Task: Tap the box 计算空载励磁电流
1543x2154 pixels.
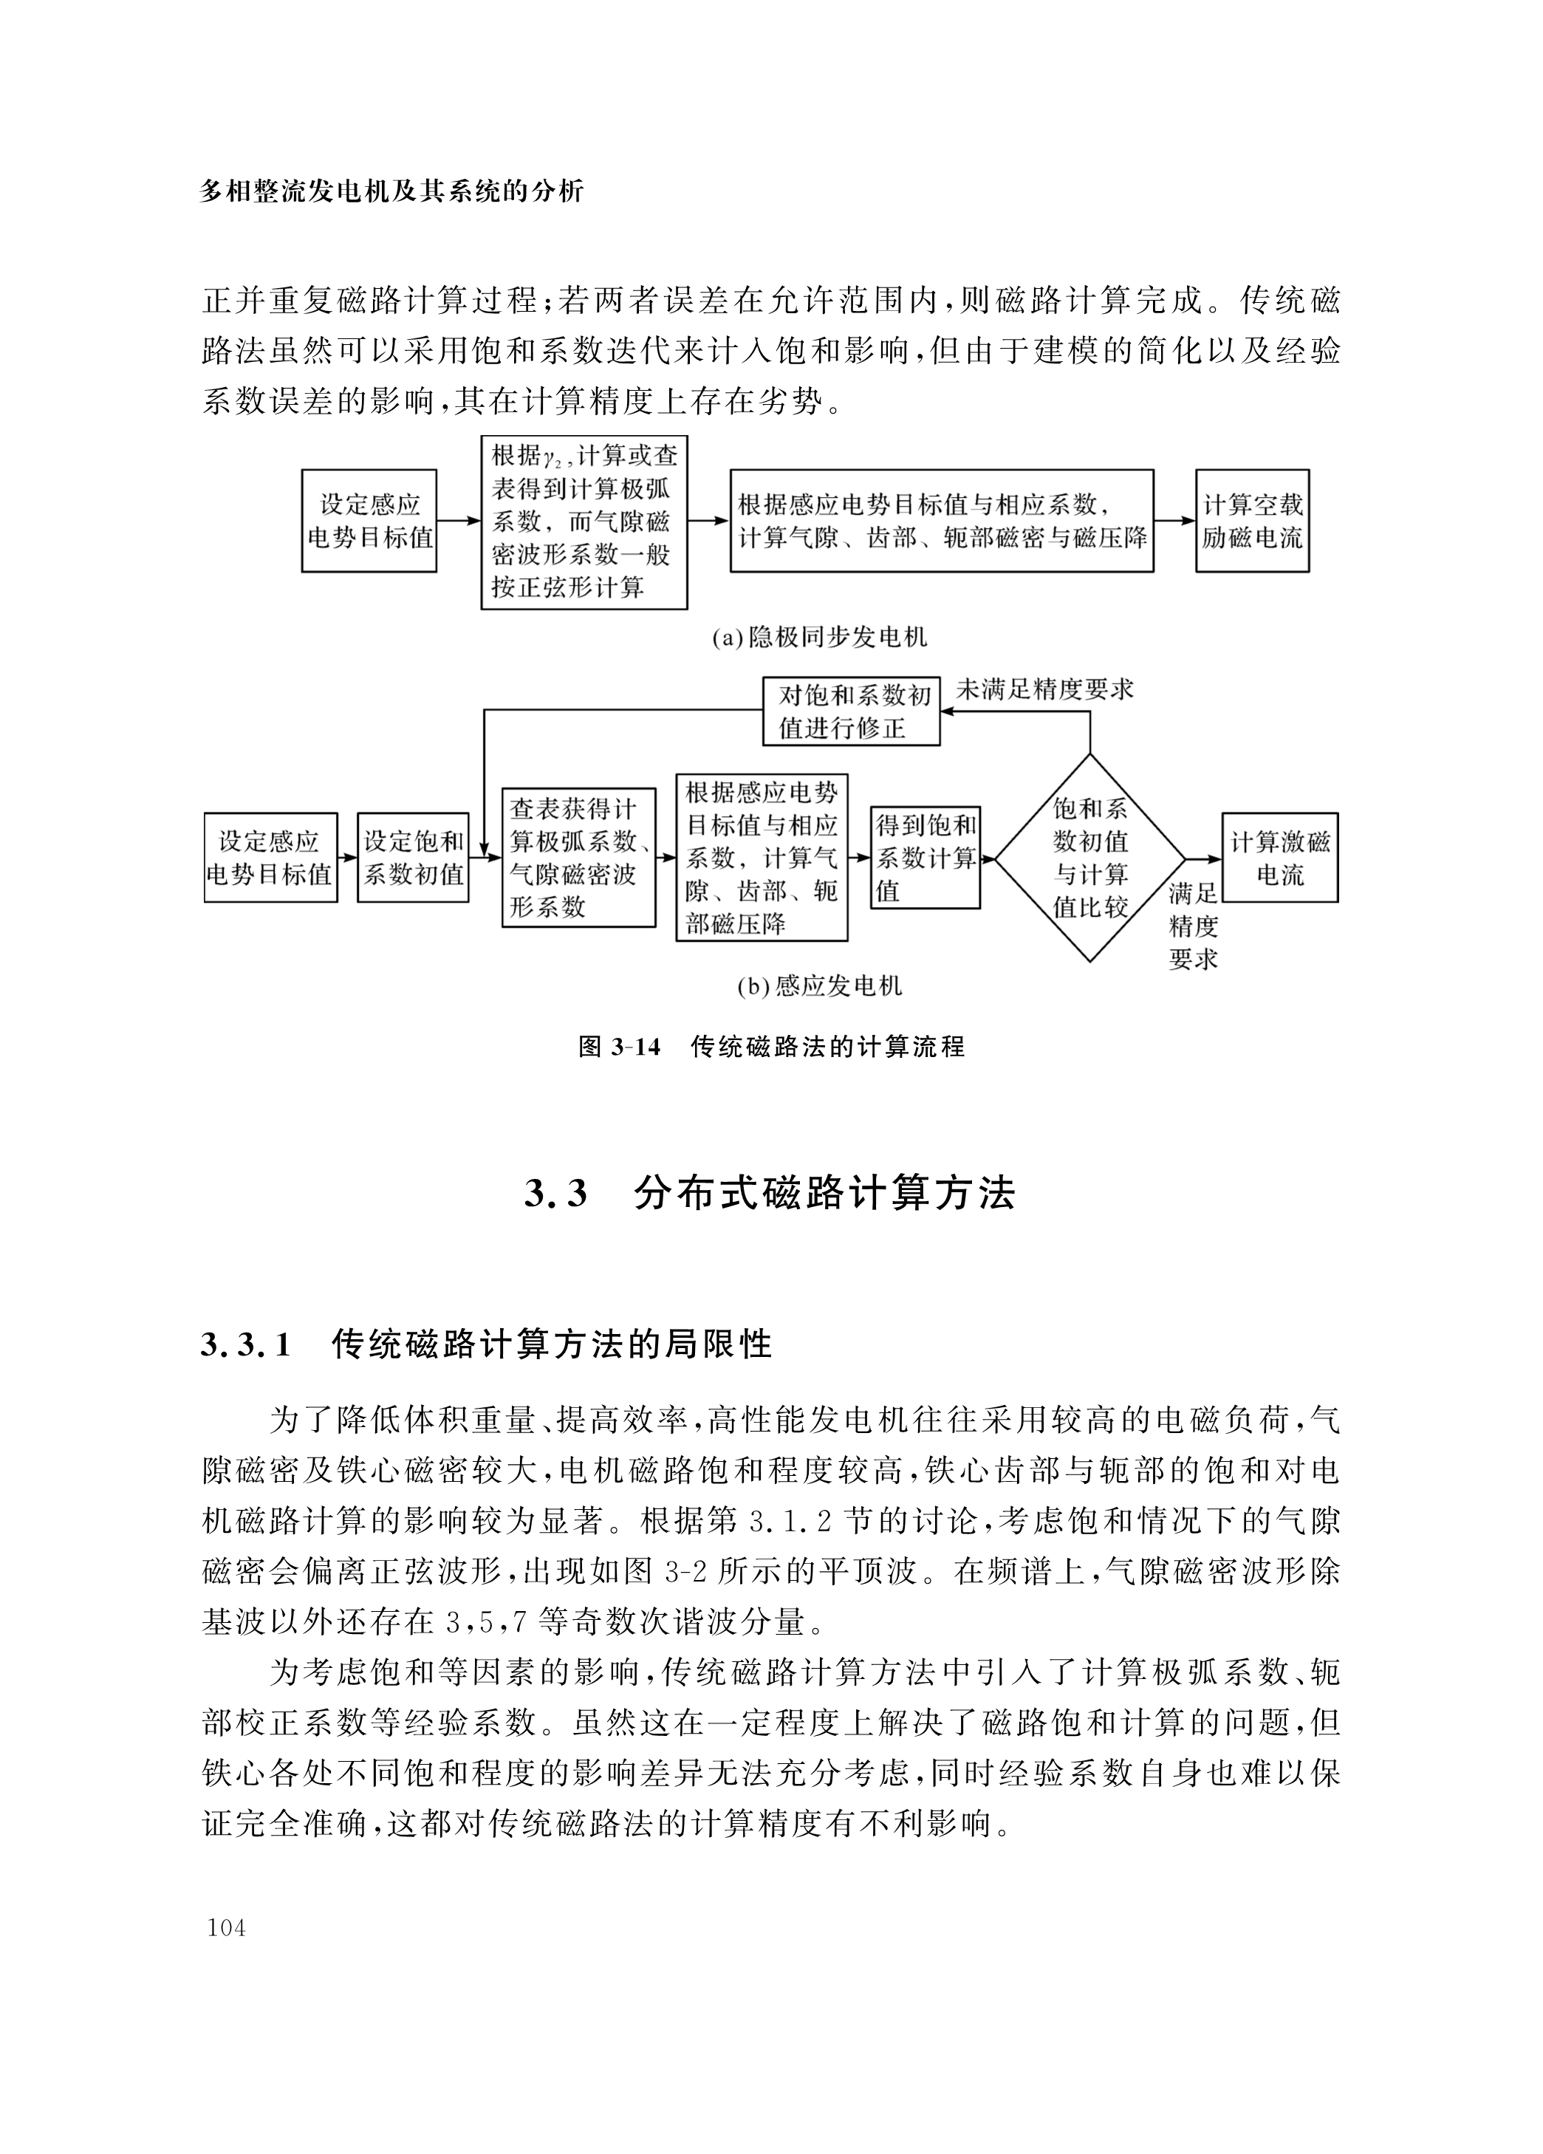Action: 1251,521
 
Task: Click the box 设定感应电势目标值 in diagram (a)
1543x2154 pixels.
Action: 369,521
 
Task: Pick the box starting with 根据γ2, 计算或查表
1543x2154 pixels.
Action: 584,522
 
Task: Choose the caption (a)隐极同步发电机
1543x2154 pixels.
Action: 819,637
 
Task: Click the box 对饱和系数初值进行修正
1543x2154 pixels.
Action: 852,711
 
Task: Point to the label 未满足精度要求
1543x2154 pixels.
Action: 1044,688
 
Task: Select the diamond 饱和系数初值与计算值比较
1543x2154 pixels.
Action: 1089,858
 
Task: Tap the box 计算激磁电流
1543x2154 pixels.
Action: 1279,858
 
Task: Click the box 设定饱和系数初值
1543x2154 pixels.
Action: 413,858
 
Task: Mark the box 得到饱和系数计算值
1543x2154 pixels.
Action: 925,858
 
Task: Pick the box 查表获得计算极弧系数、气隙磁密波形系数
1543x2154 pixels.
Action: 578,858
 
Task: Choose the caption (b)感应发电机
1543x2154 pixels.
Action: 819,987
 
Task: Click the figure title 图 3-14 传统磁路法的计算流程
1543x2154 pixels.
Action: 771,1047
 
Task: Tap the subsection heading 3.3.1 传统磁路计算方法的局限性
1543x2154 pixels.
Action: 486,1344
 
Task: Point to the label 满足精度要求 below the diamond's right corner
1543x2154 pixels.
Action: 1193,926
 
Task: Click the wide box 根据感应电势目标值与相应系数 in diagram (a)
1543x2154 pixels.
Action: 941,521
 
